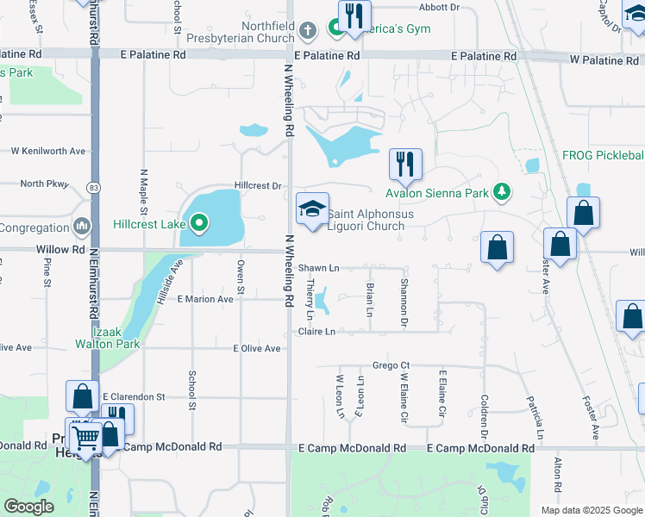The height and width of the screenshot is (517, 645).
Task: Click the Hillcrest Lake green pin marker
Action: [200, 224]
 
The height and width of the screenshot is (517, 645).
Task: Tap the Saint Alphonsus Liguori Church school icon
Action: [312, 209]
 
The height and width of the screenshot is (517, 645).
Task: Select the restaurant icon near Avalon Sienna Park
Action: [404, 163]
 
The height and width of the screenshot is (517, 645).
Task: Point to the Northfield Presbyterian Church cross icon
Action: [309, 31]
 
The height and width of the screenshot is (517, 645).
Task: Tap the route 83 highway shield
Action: [93, 187]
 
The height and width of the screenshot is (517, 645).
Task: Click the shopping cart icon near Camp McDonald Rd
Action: [85, 438]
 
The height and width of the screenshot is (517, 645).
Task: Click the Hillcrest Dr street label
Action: [258, 185]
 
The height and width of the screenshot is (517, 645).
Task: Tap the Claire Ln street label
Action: [316, 331]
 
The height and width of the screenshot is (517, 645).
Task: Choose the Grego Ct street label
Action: [390, 365]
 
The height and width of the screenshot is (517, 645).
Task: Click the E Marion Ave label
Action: [205, 299]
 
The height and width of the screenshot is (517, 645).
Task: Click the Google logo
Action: [28, 507]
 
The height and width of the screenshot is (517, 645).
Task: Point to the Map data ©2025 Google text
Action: [591, 510]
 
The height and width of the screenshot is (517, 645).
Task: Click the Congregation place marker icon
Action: [83, 227]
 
